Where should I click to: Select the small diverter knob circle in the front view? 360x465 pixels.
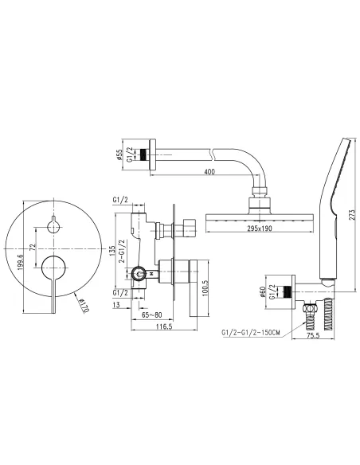55,227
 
